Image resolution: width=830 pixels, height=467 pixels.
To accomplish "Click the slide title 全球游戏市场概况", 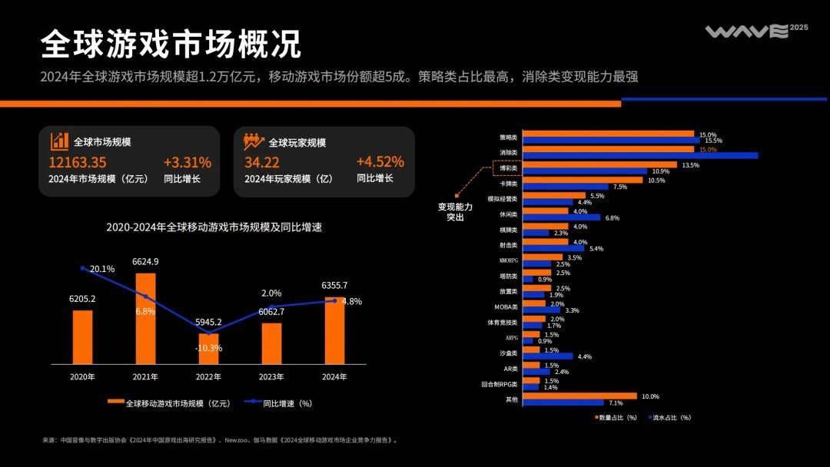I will (171, 45).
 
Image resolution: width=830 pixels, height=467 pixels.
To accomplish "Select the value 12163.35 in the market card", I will (78, 162).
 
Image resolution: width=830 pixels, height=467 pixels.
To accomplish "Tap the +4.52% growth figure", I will (380, 161).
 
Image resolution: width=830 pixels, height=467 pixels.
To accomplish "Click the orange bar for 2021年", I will (145, 318).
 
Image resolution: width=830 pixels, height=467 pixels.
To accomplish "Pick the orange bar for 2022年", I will (208, 348).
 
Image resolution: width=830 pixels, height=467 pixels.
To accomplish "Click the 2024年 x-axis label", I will (334, 377).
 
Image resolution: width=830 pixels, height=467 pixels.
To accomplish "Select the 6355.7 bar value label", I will (334, 286).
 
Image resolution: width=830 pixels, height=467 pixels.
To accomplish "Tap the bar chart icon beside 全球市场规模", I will (60, 141).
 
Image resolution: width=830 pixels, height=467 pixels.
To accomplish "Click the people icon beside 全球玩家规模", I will (254, 141).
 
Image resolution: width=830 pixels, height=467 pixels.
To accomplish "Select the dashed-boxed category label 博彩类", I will (508, 167).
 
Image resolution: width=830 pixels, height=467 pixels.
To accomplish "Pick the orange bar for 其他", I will (579, 396).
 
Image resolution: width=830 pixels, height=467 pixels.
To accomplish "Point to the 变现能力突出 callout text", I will (455, 212).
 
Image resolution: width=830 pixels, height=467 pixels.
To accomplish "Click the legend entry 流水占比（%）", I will (669, 417).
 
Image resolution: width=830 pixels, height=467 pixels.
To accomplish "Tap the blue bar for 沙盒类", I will (548, 356).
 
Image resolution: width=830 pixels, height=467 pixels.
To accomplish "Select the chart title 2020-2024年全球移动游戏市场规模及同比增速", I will (215, 227).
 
